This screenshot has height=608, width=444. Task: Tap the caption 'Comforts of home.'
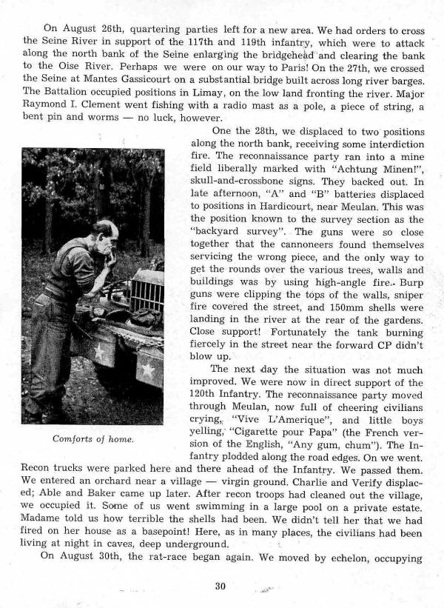[x=93, y=438]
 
